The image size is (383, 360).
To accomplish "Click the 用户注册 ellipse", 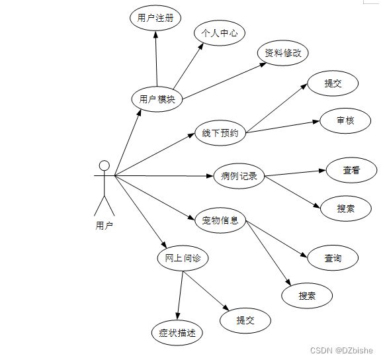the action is pos(155,18).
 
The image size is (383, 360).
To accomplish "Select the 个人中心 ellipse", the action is pos(220,33).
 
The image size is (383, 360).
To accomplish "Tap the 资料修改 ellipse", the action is pos(283,53).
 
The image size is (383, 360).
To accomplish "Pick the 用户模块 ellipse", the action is pos(157,99).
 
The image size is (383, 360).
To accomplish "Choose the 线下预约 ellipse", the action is pos(220,133).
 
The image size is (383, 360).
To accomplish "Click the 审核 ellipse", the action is pos(345,120).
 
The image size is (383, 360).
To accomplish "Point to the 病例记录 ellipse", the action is pos(239,176).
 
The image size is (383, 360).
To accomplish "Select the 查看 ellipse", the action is pos(351,170).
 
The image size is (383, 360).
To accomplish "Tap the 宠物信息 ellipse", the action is pos(220,220).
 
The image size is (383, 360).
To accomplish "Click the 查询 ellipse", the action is pos(333,258).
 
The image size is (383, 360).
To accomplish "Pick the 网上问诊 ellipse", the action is pos(183,258).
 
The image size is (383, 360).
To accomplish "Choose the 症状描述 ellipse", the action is pos(177,333).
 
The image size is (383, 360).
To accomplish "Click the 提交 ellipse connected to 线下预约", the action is pos(333,83).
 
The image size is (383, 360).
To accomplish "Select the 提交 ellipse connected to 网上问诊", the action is pos(245,320).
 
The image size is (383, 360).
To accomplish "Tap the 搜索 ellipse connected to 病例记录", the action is pos(346,208).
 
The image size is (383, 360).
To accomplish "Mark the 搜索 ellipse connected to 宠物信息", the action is pos(307,296).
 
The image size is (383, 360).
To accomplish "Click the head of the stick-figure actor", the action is pos(105,165).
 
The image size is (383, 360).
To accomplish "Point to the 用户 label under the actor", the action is pos(105,226).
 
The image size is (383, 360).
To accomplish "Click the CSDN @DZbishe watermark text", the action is pos(342,351).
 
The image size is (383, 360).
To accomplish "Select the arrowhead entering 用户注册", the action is pos(155,34).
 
